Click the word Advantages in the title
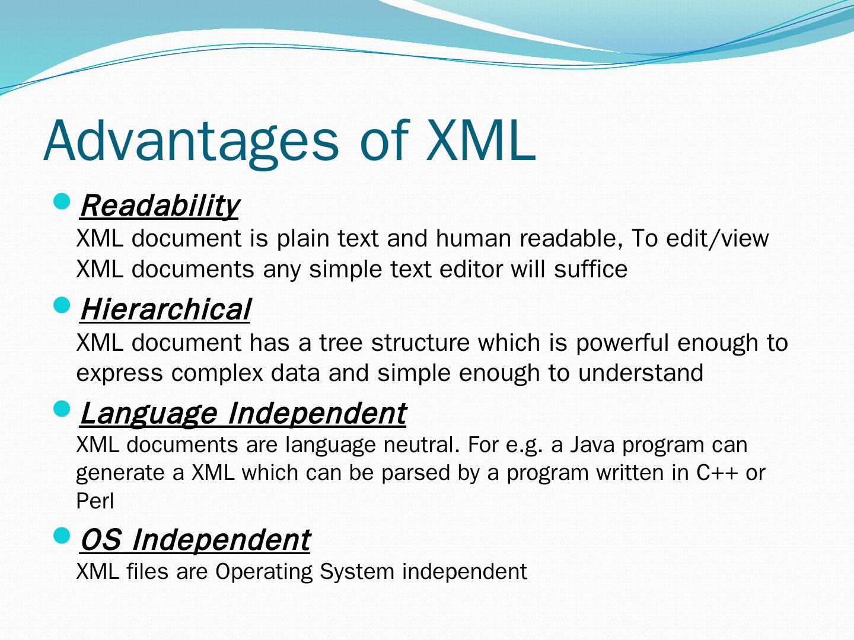click(x=191, y=142)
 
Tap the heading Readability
click(x=160, y=206)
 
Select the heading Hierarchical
click(x=165, y=309)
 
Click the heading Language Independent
click(x=243, y=414)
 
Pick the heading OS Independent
click(x=195, y=540)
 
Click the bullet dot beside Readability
click(x=62, y=201)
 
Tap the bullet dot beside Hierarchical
click(x=62, y=305)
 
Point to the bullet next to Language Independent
click(x=62, y=409)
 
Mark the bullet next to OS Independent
click(x=62, y=536)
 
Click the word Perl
click(x=95, y=501)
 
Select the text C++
click(x=716, y=472)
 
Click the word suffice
click(x=591, y=269)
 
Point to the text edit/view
click(x=718, y=238)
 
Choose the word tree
click(x=341, y=343)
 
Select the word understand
click(x=640, y=373)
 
